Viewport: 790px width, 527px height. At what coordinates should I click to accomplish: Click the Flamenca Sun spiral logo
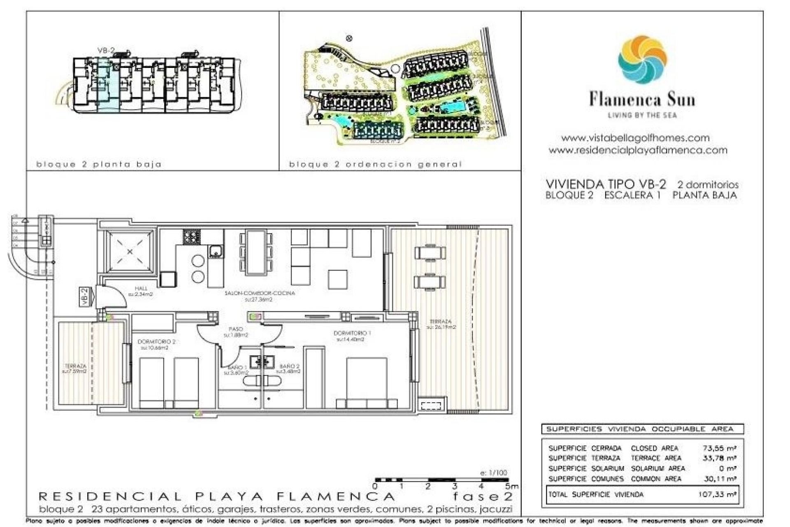tap(642, 59)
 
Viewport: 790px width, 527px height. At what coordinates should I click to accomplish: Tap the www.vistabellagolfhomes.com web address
tap(635, 138)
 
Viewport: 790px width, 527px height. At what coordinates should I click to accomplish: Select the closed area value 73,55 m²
tap(719, 448)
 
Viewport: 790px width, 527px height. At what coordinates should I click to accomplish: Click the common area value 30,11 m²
tap(719, 479)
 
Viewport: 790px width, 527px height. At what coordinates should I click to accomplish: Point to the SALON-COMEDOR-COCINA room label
tap(260, 293)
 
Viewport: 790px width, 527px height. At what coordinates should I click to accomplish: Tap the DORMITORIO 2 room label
tap(156, 342)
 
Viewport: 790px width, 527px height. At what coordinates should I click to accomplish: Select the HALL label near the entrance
tap(141, 288)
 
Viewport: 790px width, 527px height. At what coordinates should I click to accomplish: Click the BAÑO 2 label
tap(289, 366)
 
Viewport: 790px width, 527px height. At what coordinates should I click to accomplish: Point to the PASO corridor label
tap(236, 329)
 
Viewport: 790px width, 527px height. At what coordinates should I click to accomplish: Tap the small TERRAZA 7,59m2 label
tap(75, 368)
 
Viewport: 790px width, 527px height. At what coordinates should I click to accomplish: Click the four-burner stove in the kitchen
tap(192, 236)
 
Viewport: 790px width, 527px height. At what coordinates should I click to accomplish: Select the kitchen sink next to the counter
tap(215, 250)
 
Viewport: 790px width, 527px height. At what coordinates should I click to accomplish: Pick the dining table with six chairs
tap(256, 252)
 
